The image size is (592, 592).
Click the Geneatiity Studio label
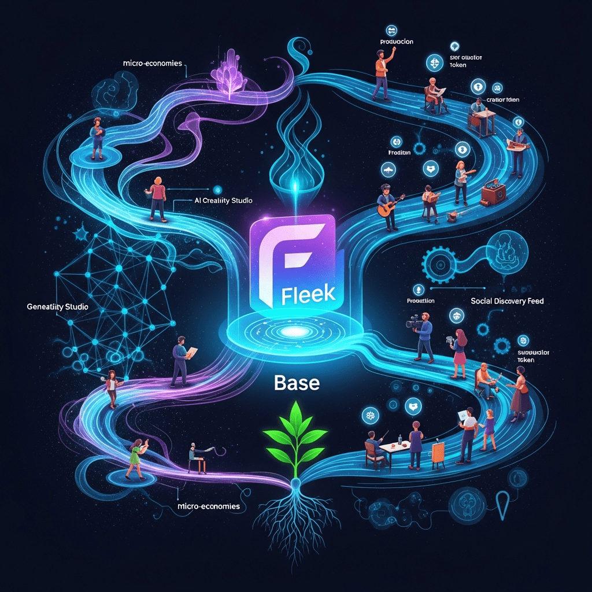click(57, 306)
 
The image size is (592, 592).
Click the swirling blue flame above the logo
click(297, 145)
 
